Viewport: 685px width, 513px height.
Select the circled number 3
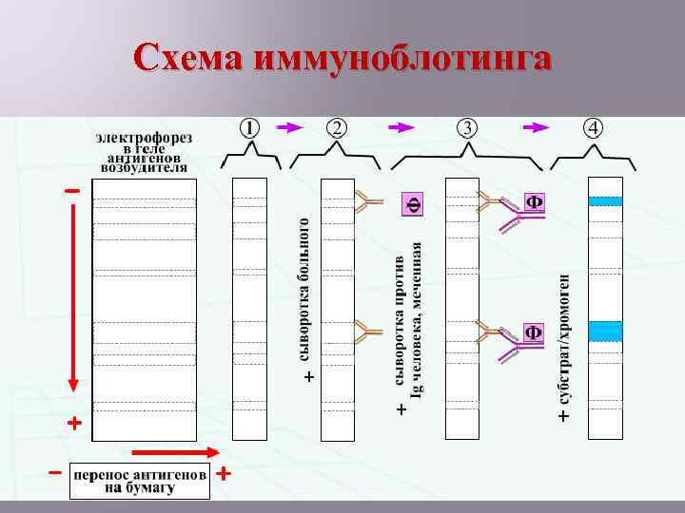click(x=468, y=127)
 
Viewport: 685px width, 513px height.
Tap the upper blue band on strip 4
click(x=605, y=200)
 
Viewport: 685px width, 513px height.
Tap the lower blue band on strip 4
click(x=605, y=331)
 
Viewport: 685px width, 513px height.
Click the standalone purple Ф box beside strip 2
click(x=413, y=203)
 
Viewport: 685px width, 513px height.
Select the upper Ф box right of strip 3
click(x=535, y=202)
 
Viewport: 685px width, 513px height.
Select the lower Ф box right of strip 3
click(x=535, y=332)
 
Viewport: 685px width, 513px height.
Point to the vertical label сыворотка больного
click(x=304, y=290)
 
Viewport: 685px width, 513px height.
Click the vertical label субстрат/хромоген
click(x=565, y=342)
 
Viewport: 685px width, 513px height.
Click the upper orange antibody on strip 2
click(x=365, y=200)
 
